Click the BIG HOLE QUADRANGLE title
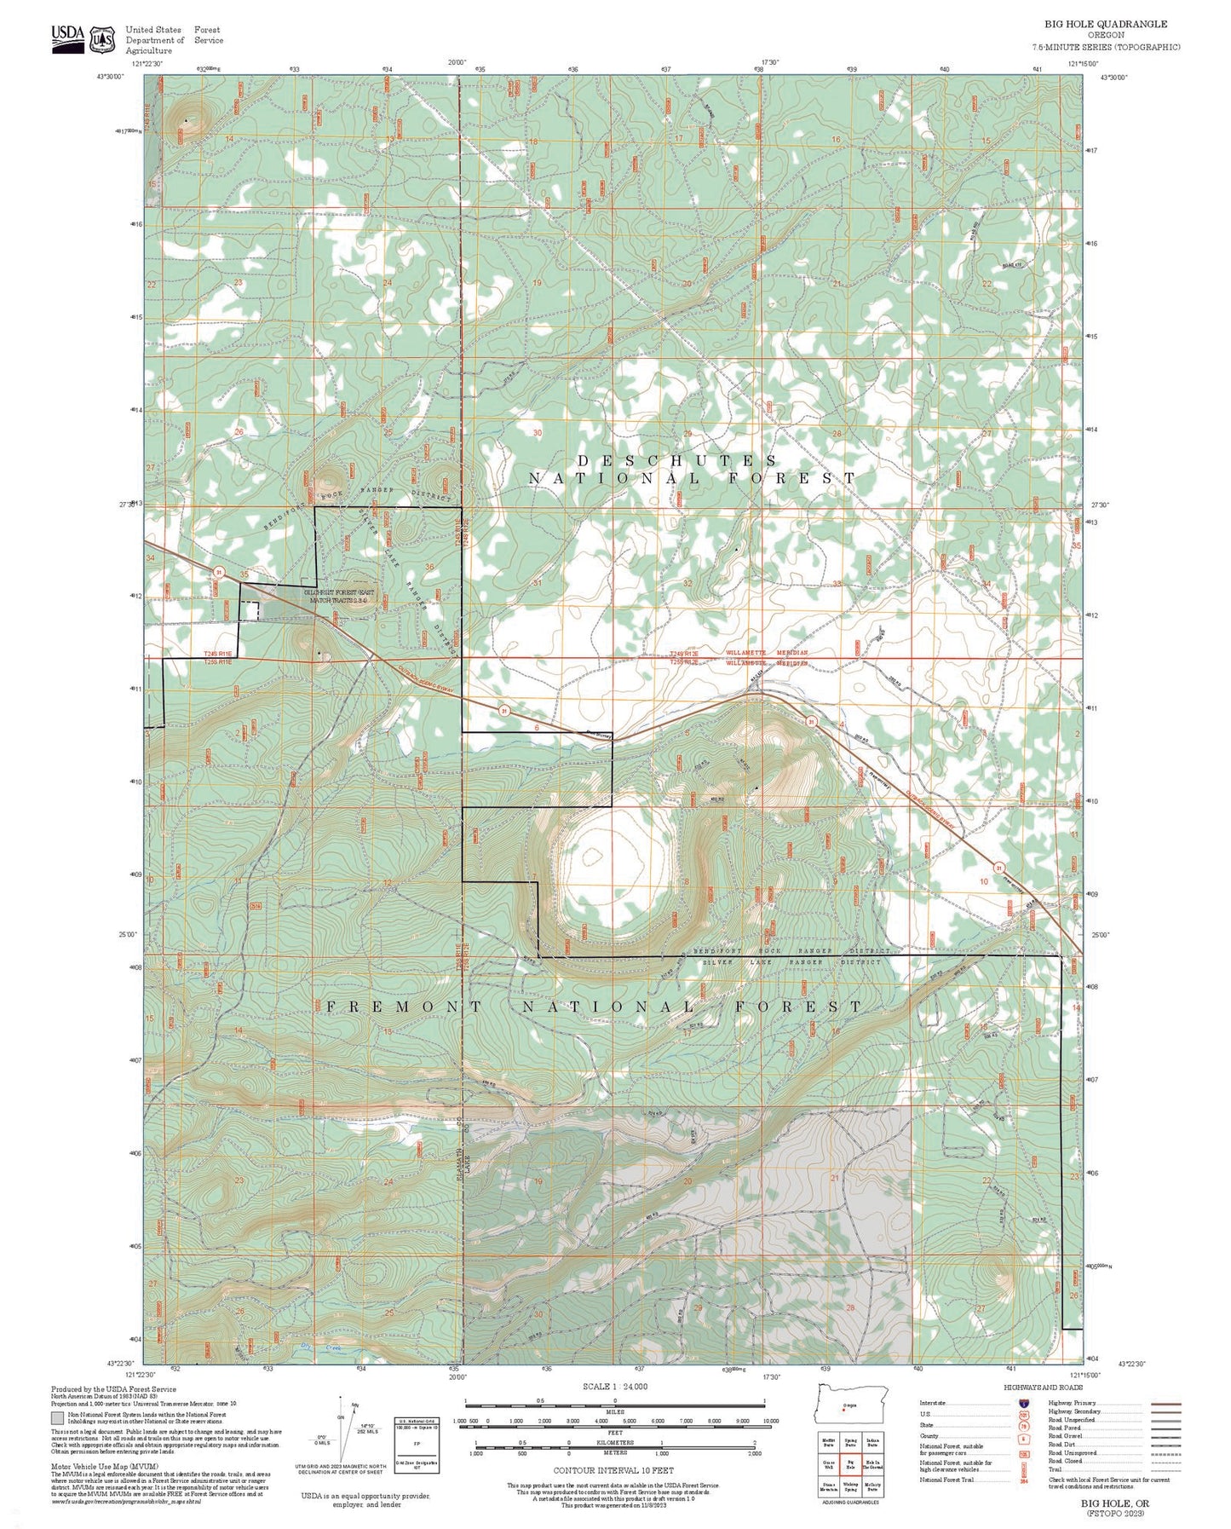[1106, 24]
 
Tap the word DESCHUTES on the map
[677, 461]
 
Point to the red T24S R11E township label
[217, 654]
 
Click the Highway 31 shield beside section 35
[219, 573]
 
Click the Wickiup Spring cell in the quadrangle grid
[849, 1486]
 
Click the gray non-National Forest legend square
[57, 1418]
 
